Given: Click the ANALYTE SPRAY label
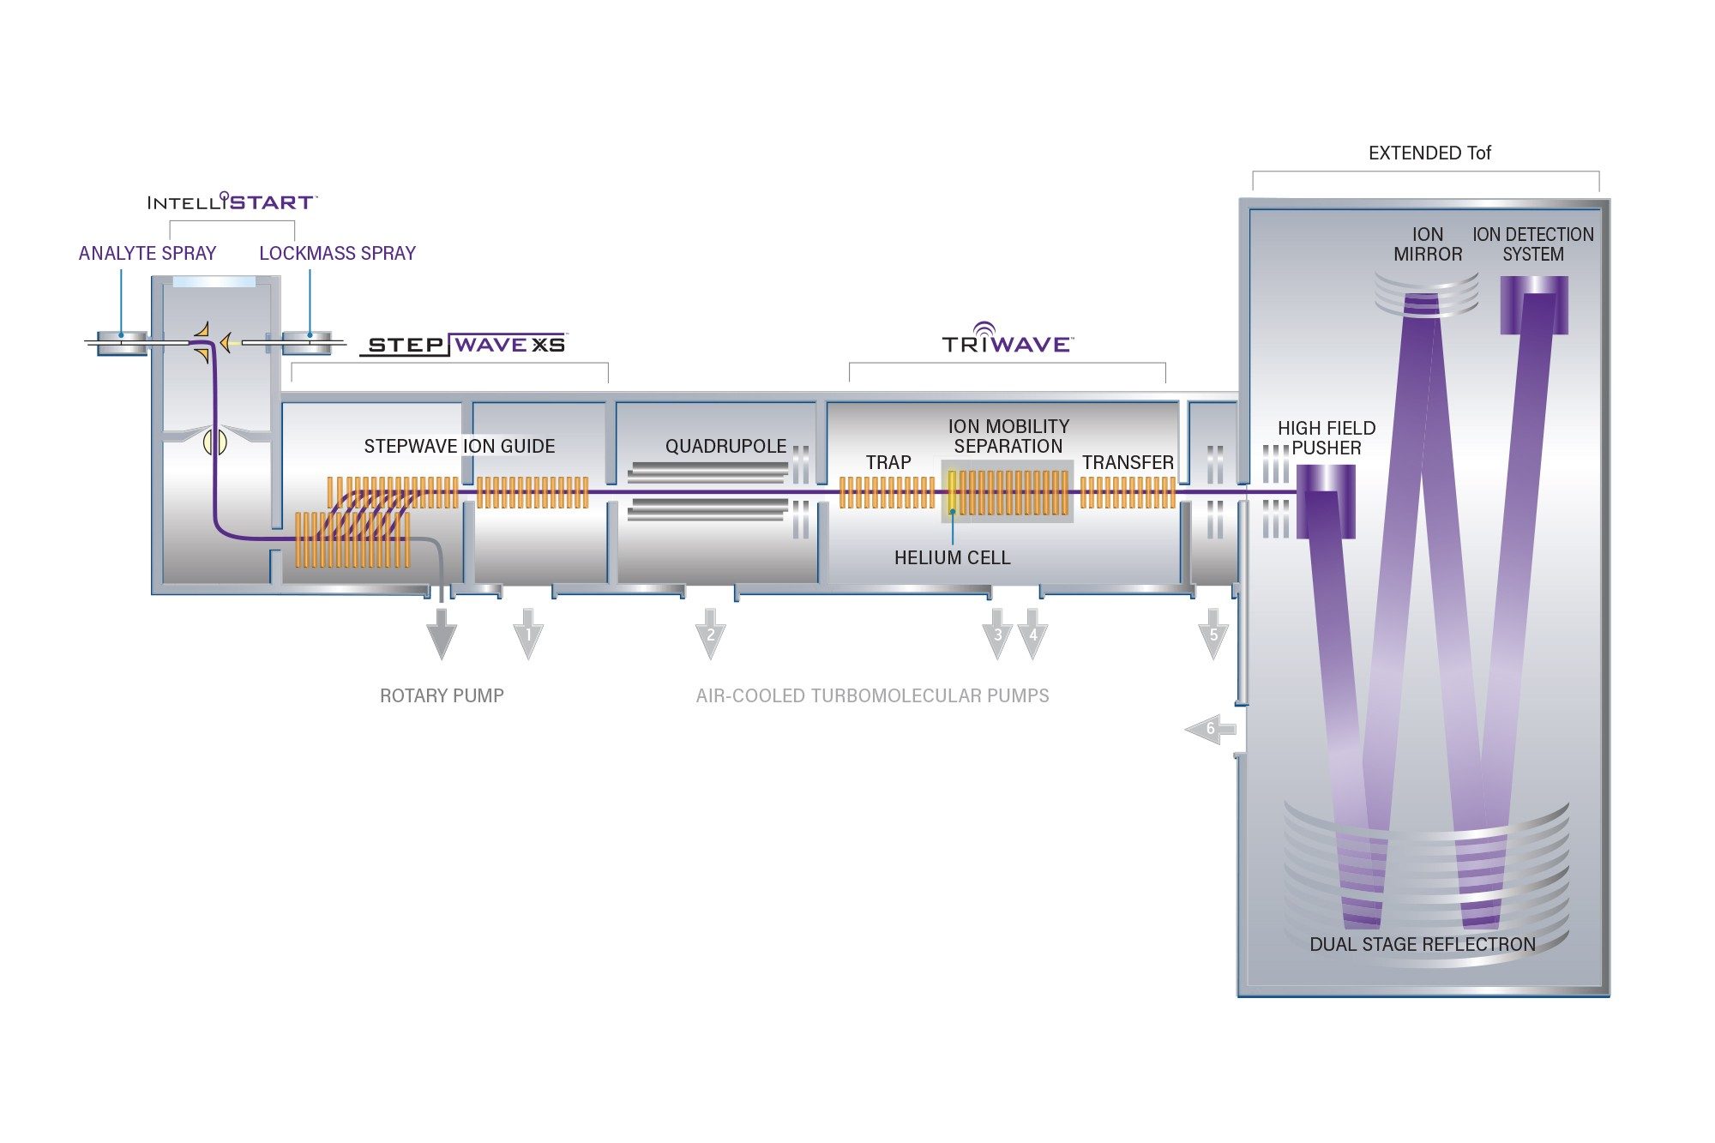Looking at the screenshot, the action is pos(147,254).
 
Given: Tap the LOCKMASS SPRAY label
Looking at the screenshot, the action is pos(338,254).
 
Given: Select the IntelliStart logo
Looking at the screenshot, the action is pos(232,202).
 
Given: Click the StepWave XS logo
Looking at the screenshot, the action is pos(464,345).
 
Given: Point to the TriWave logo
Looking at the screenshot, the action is pos(1008,340).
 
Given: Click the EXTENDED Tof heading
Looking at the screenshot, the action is pos(1429,153).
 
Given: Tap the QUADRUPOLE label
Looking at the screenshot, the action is pos(726,447).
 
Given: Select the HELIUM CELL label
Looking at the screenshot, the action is pos(952,558).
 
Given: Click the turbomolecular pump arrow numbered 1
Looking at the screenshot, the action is pos(528,634).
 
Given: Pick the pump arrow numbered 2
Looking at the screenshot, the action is pos(710,634).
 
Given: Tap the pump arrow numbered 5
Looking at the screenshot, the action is pos(1213,634).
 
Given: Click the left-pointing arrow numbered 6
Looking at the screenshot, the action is pos(1210,730).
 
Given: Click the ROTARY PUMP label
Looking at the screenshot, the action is pos(442,696).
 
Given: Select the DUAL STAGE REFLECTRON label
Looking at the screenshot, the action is pos(1423,945).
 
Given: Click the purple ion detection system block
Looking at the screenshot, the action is pos(1534,305).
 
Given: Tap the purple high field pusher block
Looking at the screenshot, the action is pos(1326,502).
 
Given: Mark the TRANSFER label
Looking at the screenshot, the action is pos(1128,463).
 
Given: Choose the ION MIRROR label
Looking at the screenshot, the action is pos(1428,244).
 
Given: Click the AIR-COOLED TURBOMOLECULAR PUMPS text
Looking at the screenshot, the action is pos(873,696).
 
